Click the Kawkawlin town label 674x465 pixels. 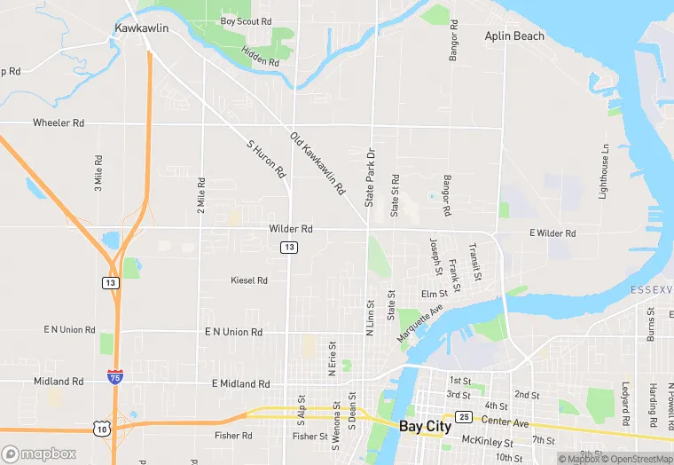[141, 28]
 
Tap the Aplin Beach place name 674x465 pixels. [514, 36]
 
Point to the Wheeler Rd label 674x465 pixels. [59, 122]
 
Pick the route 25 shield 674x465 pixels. [463, 416]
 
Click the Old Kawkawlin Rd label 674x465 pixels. [317, 163]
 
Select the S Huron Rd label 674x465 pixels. [266, 157]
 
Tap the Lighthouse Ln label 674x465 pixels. [604, 171]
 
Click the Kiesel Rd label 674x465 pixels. [249, 280]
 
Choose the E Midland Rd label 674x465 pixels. [240, 384]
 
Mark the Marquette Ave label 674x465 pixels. [419, 325]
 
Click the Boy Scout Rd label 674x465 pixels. [247, 21]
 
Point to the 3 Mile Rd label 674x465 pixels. [98, 174]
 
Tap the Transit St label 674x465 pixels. [476, 263]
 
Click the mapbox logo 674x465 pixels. [40, 453]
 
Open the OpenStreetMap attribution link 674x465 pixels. [637, 459]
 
